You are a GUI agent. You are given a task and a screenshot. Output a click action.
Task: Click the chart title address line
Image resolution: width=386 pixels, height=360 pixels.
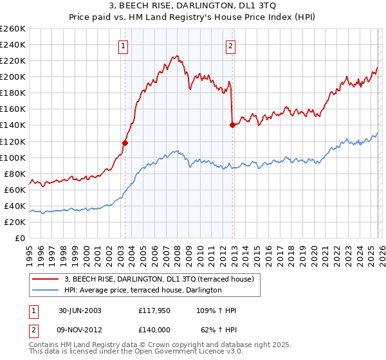pyautogui.click(x=192, y=7)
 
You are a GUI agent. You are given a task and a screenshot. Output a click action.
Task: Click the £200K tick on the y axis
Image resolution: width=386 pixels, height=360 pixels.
pyautogui.click(x=12, y=76)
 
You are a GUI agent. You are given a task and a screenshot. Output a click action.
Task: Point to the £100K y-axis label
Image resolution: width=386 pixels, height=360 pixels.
pyautogui.click(x=12, y=157)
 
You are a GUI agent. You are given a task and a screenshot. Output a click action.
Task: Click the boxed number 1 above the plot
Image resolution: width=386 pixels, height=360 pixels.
pyautogui.click(x=123, y=46)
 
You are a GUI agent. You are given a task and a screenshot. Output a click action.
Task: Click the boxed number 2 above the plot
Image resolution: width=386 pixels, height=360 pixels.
pyautogui.click(x=230, y=46)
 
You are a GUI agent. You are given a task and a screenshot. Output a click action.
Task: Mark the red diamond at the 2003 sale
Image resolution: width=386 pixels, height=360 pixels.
pyautogui.click(x=125, y=143)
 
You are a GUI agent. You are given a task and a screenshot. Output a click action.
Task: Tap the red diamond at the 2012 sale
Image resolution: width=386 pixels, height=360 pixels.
pyautogui.click(x=232, y=125)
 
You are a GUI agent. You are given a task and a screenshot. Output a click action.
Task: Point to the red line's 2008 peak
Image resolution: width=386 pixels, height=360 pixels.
pyautogui.click(x=176, y=56)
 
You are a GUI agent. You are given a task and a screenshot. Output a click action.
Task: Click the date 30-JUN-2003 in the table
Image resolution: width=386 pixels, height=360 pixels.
pyautogui.click(x=80, y=310)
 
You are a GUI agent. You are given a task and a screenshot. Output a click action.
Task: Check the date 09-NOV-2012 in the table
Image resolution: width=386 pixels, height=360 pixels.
pyautogui.click(x=80, y=329)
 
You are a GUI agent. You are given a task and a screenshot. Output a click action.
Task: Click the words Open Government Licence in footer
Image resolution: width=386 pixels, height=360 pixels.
pyautogui.click(x=184, y=353)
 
